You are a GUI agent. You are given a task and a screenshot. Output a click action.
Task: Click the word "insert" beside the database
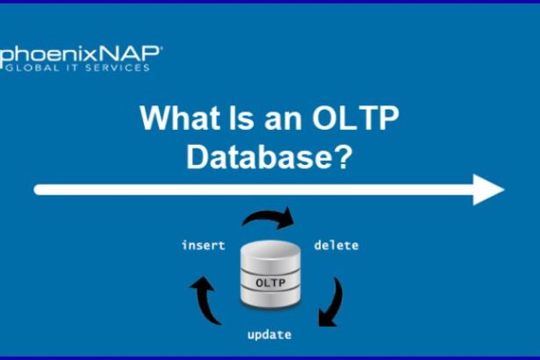[x=203, y=246]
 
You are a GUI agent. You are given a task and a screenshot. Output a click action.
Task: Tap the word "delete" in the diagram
[x=336, y=246]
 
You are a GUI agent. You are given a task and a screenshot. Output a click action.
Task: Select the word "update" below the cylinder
[x=269, y=335]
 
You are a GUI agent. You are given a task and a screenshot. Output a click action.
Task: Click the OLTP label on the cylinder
[x=270, y=283]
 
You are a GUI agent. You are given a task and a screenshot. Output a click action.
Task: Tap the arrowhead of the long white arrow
[x=488, y=189]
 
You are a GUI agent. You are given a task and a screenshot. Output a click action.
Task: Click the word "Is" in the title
[x=241, y=118]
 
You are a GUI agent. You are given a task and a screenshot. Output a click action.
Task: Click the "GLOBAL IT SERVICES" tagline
[x=77, y=68]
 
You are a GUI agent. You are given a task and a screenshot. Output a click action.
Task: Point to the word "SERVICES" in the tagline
[x=118, y=68]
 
